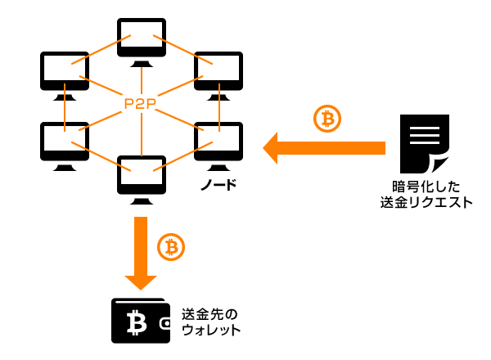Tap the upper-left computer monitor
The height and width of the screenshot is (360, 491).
click(65, 73)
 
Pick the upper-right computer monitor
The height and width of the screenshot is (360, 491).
click(218, 73)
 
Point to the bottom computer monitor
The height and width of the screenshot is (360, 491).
click(142, 174)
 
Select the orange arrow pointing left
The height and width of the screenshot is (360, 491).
click(323, 148)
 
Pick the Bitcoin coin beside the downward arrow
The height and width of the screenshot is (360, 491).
click(170, 246)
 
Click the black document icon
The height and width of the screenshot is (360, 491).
click(425, 141)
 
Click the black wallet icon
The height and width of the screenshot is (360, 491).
click(142, 321)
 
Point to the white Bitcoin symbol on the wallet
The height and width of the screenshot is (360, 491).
click(135, 323)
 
